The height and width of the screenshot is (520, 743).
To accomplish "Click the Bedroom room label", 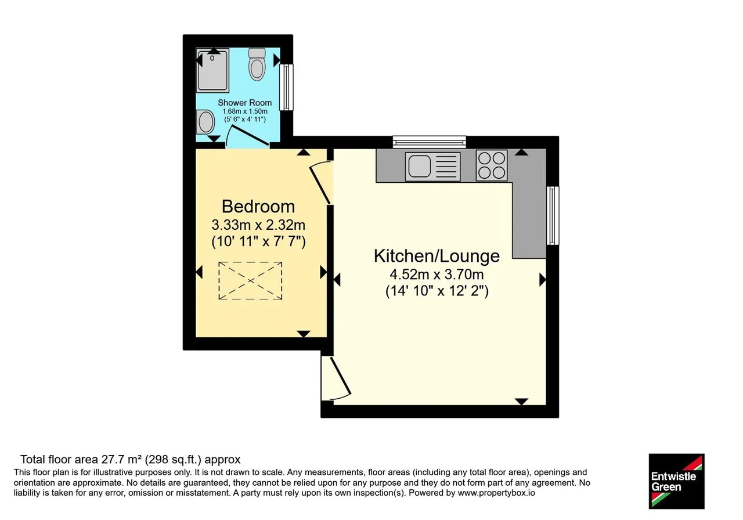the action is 258,206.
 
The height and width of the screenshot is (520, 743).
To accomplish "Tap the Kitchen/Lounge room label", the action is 437,256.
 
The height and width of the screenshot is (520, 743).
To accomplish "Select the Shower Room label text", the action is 245,103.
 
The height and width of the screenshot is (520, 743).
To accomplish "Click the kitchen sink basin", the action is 420,166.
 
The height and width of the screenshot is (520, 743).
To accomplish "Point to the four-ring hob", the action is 492,165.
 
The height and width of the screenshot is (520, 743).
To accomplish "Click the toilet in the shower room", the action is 257,64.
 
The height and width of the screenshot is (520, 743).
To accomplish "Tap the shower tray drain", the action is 212,59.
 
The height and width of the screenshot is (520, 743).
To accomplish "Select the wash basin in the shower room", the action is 205,121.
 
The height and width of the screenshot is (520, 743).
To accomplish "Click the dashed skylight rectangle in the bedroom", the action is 250,281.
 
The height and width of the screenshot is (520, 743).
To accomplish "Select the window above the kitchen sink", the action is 430,142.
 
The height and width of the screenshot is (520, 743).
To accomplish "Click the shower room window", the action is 286,87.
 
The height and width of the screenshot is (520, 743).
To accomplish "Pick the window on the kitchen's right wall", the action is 552,215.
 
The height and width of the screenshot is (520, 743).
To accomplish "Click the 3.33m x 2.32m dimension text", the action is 258,225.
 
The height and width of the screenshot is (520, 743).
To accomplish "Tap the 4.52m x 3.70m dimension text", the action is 437,275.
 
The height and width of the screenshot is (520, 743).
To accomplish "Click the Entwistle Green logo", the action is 677,481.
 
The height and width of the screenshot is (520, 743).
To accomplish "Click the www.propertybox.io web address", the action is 496,493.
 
